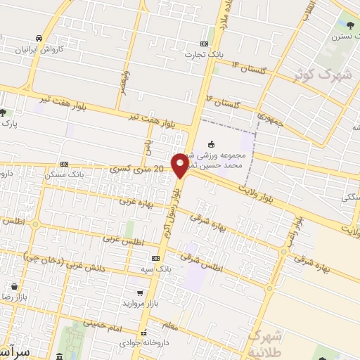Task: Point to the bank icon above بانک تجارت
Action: [x=205, y=42]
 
